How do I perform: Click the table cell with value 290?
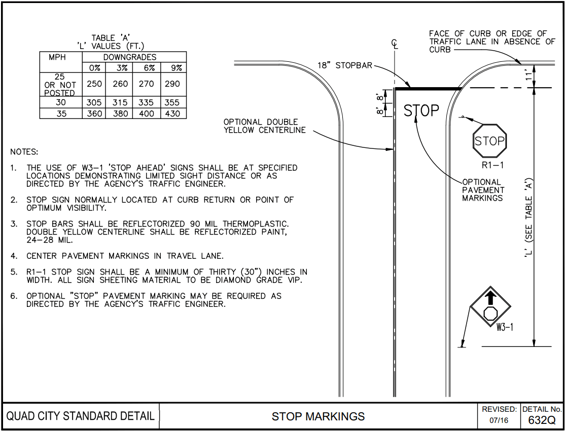click(172, 84)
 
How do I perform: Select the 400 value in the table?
click(147, 113)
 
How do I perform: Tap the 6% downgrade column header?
click(147, 68)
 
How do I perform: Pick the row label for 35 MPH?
click(60, 113)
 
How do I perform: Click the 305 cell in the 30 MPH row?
click(94, 102)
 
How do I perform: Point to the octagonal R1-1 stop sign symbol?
click(490, 141)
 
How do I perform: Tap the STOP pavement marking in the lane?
click(421, 111)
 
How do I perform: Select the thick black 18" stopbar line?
click(428, 88)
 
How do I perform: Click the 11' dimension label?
click(529, 76)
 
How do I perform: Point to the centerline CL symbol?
click(395, 44)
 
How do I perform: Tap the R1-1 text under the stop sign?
click(491, 166)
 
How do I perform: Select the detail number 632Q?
click(542, 420)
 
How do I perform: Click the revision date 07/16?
click(499, 420)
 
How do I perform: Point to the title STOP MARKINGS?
click(318, 417)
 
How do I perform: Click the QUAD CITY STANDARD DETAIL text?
click(81, 417)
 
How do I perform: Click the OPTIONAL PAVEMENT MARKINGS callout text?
click(483, 190)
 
